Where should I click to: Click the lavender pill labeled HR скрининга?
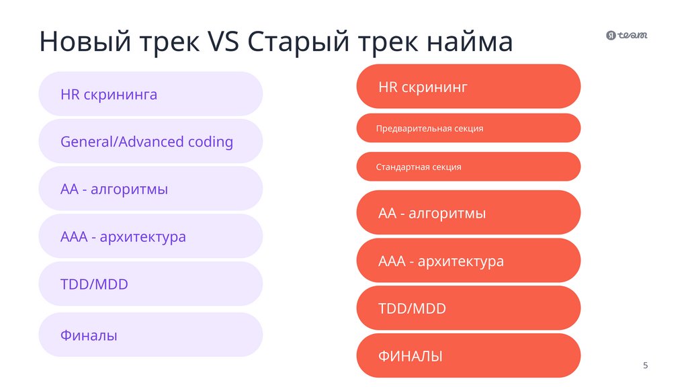(x=150, y=94)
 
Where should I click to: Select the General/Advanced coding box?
(x=150, y=142)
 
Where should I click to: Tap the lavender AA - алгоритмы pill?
(x=150, y=189)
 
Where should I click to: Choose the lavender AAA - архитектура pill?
(x=150, y=237)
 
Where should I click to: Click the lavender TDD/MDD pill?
(x=150, y=284)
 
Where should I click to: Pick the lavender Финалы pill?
(x=150, y=335)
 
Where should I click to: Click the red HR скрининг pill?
(x=468, y=87)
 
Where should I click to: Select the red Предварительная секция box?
(x=468, y=128)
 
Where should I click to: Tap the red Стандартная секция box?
(x=468, y=167)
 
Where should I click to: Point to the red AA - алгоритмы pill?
(x=468, y=213)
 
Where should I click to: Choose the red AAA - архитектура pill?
(x=468, y=261)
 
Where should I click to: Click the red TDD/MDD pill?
(x=468, y=308)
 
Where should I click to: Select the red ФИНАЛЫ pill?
(x=468, y=356)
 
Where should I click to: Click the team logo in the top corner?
(x=626, y=36)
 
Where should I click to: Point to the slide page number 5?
(x=646, y=365)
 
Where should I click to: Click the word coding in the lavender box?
(x=210, y=142)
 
